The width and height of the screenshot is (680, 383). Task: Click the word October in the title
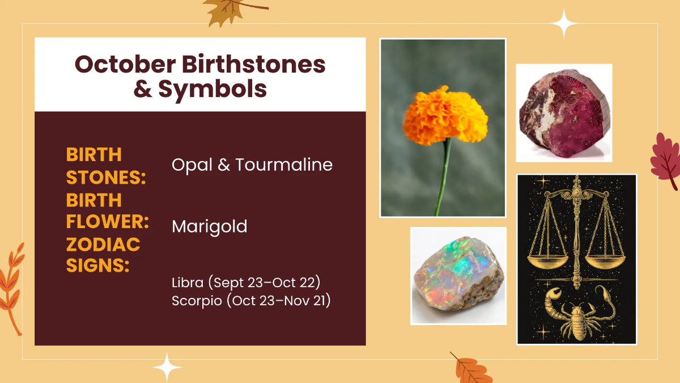click(x=125, y=64)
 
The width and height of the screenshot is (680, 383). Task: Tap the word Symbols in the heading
click(x=212, y=90)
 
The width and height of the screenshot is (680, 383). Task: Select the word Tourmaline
click(x=284, y=165)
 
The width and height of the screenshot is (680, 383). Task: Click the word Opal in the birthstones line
click(x=192, y=166)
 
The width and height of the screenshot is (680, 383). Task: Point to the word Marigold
click(x=210, y=227)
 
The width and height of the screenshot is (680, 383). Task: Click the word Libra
click(x=188, y=283)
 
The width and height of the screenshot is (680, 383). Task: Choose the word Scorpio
click(x=197, y=301)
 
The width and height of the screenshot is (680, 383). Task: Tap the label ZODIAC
click(x=103, y=245)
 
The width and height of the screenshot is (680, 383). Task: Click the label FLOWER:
click(x=108, y=221)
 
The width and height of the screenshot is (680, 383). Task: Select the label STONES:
click(x=106, y=178)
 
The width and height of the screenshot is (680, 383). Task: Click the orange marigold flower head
click(x=445, y=116)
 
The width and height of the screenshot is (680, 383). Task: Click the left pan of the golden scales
click(x=547, y=262)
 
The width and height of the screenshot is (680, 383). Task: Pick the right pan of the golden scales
click(x=605, y=262)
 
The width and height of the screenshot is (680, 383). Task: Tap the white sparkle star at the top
click(x=564, y=23)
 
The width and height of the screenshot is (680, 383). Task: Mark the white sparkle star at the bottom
click(x=167, y=367)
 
